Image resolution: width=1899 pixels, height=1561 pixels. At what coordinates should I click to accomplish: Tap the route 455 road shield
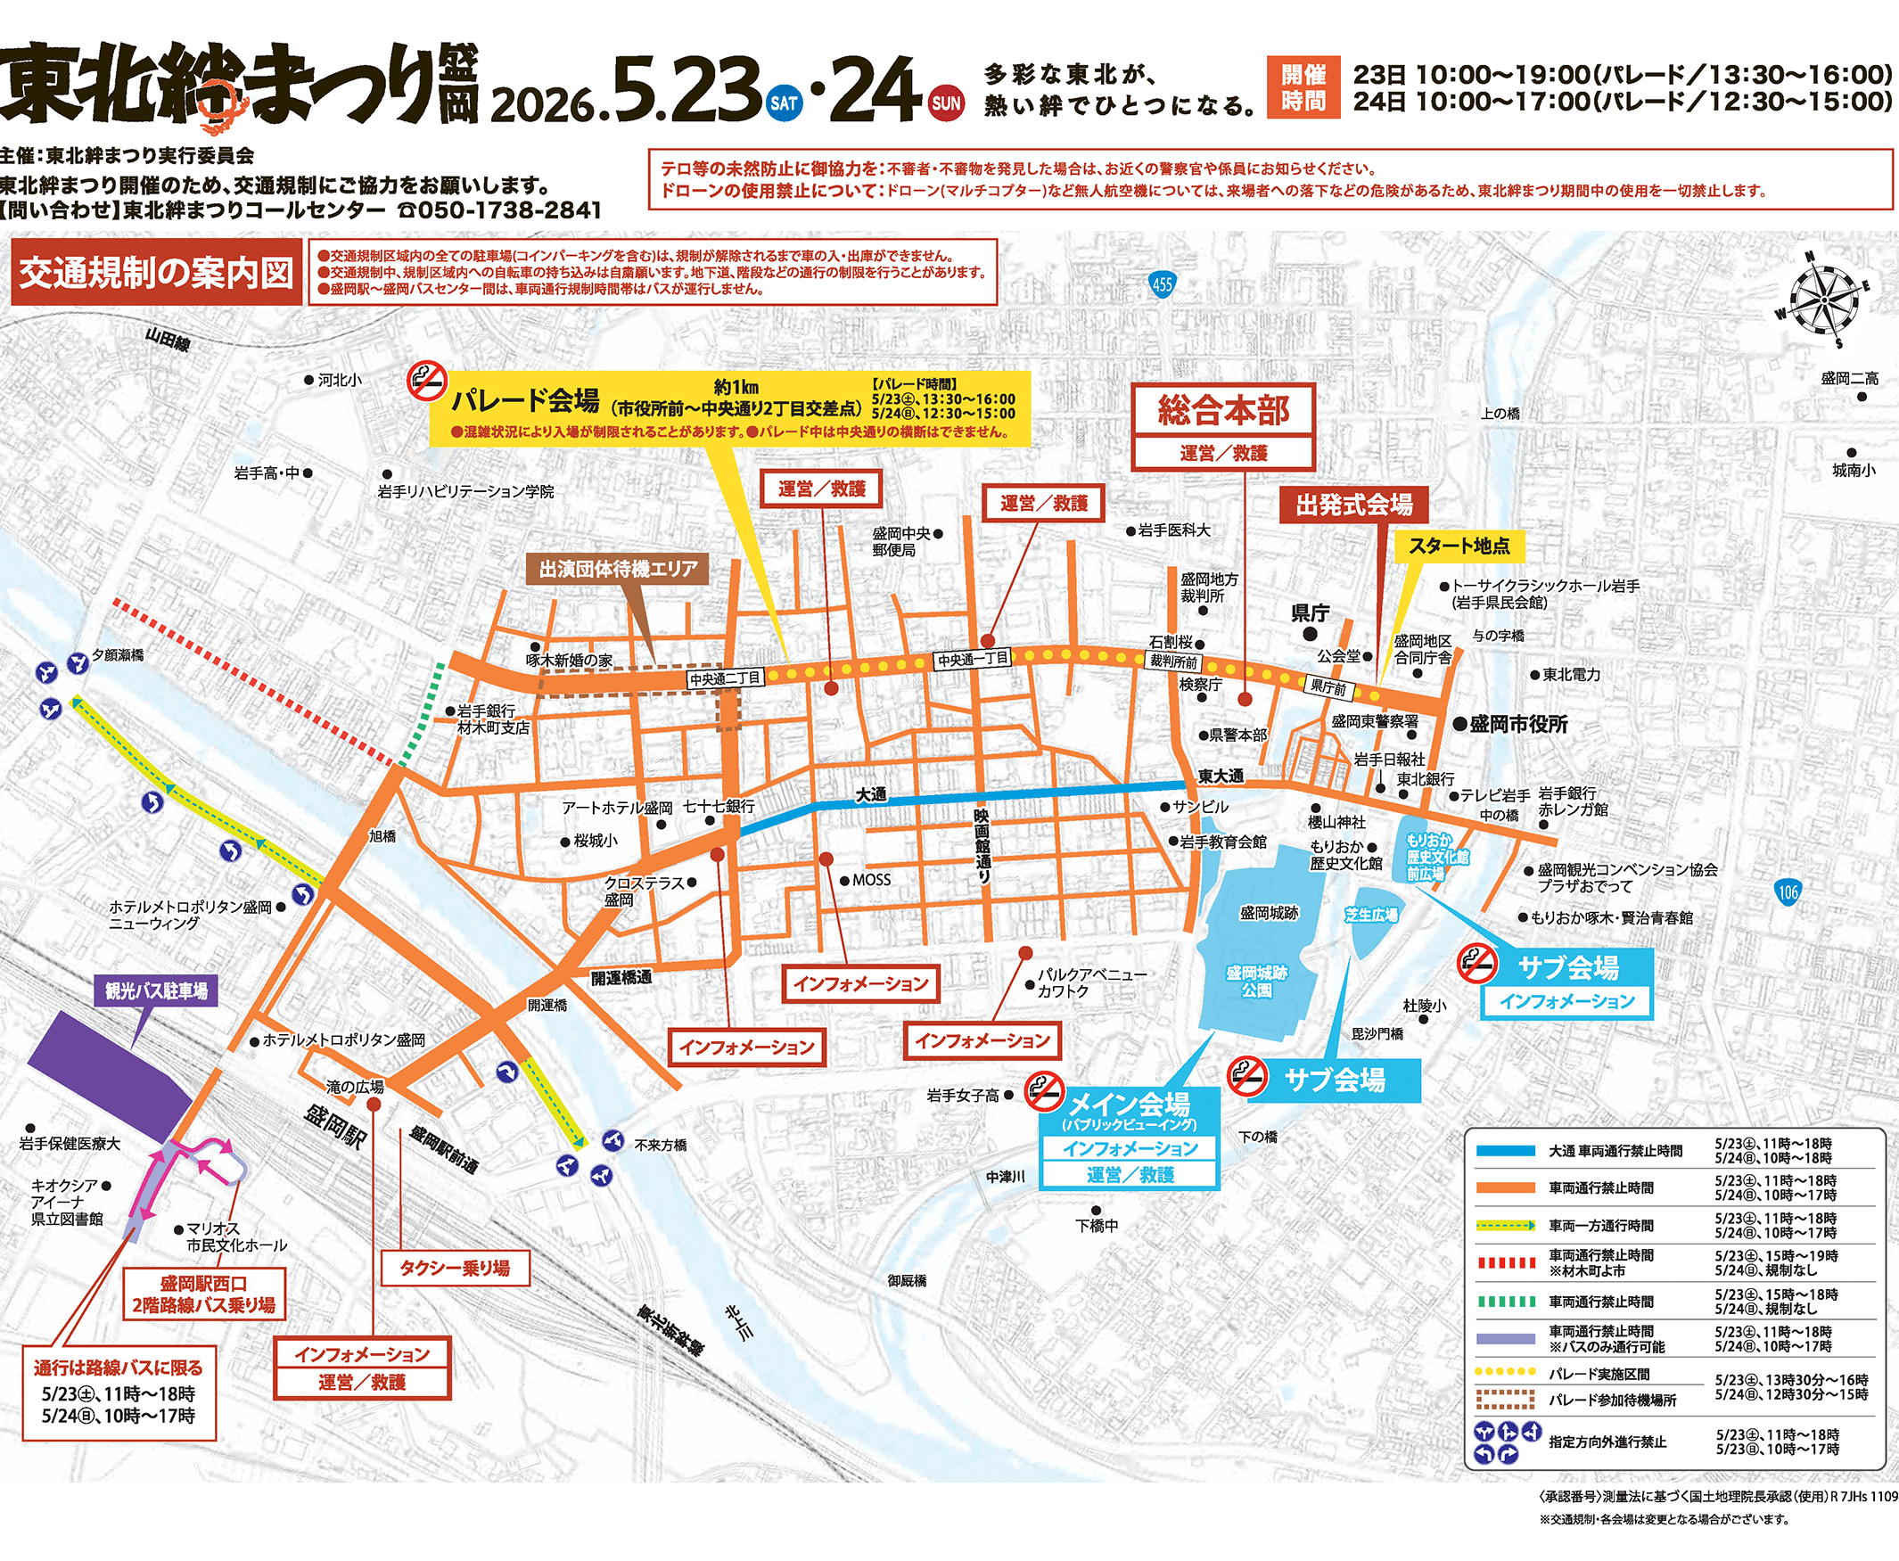pyautogui.click(x=1162, y=285)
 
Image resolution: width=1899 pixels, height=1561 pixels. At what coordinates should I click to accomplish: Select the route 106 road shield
pyautogui.click(x=1788, y=893)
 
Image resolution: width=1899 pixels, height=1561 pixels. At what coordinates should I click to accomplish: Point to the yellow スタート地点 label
pyautogui.click(x=1459, y=546)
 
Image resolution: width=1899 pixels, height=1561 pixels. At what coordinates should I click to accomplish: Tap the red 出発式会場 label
pyautogui.click(x=1353, y=505)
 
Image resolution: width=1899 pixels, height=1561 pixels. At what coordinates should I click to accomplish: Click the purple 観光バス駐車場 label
pyautogui.click(x=156, y=991)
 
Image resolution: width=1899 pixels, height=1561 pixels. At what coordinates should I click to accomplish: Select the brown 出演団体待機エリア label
pyautogui.click(x=618, y=569)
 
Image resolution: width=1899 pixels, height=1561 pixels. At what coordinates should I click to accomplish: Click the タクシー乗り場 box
pyautogui.click(x=455, y=1268)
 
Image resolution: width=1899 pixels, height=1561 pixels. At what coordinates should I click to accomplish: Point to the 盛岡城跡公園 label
pyautogui.click(x=1256, y=981)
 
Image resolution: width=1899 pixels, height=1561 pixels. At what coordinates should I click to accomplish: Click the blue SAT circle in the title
pyautogui.click(x=784, y=103)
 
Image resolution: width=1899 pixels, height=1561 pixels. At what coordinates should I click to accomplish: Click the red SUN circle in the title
pyautogui.click(x=946, y=103)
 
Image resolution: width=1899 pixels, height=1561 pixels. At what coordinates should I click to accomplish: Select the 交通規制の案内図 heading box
pyautogui.click(x=156, y=273)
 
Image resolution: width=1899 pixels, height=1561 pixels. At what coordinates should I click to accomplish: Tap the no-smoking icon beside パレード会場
pyautogui.click(x=427, y=382)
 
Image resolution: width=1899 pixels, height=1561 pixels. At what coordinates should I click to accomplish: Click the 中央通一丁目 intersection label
pyautogui.click(x=973, y=659)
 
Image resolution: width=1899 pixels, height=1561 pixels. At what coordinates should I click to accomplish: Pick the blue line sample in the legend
pyautogui.click(x=1505, y=1151)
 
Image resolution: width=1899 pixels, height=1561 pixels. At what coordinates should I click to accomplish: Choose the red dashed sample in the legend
pyautogui.click(x=1505, y=1262)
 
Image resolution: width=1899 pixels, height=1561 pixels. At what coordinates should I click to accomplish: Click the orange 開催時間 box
pyautogui.click(x=1303, y=87)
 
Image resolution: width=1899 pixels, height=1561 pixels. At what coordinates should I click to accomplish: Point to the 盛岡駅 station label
pyautogui.click(x=335, y=1126)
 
